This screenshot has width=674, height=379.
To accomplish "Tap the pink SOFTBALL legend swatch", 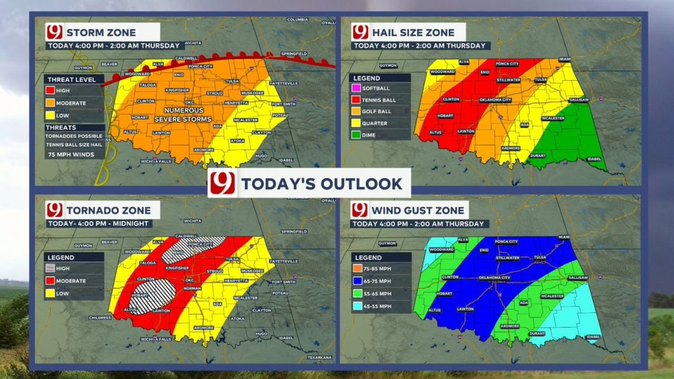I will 356,88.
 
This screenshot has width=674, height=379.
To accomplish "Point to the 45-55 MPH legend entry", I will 374,306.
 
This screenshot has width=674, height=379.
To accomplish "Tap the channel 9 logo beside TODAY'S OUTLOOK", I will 223,183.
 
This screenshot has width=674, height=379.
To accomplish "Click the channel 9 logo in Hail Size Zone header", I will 360,32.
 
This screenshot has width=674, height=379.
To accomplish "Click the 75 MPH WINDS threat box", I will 71,154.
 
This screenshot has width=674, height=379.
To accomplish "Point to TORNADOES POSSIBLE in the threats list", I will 74,136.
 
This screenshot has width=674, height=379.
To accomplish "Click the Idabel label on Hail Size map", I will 594,158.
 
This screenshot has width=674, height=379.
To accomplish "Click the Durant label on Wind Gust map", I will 537,334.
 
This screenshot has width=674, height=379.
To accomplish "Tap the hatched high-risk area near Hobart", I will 153,296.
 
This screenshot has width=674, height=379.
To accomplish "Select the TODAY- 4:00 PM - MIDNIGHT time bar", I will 99,224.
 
